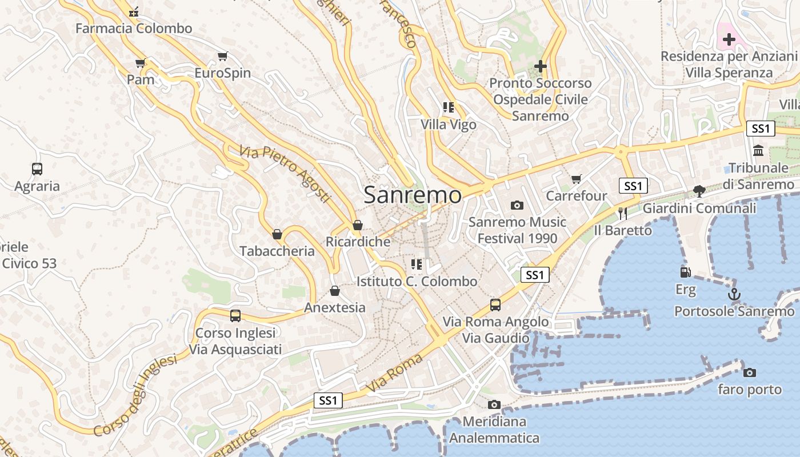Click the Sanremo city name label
click(x=413, y=195)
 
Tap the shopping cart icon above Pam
click(x=141, y=63)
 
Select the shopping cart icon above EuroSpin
click(x=223, y=56)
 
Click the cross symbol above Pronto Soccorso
click(x=540, y=66)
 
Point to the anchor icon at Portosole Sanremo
click(x=734, y=294)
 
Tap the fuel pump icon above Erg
click(x=685, y=272)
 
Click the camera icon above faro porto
click(x=749, y=372)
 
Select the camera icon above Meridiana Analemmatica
click(x=494, y=404)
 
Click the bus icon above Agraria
click(x=37, y=169)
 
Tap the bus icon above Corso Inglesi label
click(x=235, y=315)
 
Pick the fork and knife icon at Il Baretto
click(x=623, y=214)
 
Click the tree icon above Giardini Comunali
click(x=699, y=191)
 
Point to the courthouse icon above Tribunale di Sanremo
click(x=758, y=150)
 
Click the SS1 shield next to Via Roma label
click(x=329, y=400)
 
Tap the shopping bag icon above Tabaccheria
click(x=277, y=234)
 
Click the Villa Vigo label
click(x=449, y=124)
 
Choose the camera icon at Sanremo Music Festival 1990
click(x=517, y=205)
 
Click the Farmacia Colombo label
click(x=134, y=28)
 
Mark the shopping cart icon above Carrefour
click(x=576, y=179)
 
